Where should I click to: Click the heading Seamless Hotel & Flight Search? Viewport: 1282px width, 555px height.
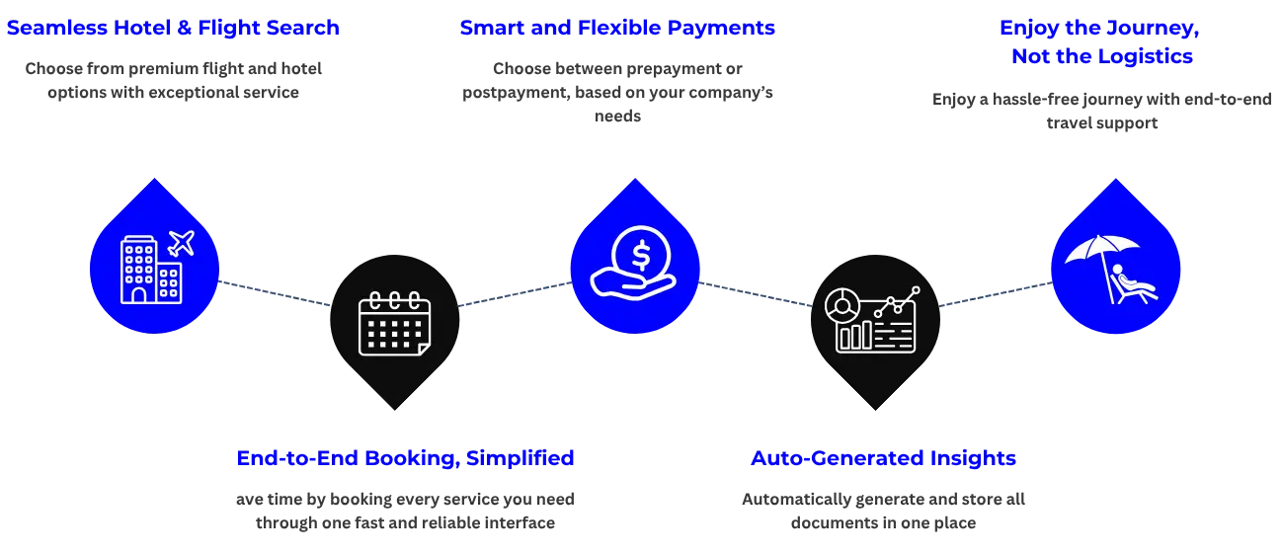point(173,28)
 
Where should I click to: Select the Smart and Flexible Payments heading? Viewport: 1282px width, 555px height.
point(616,28)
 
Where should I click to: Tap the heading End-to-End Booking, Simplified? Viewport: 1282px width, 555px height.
point(405,458)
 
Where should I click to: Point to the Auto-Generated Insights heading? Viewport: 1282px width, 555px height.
point(883,458)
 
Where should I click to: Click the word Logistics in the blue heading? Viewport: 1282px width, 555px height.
point(1145,56)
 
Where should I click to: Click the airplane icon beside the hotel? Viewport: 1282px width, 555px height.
point(181,242)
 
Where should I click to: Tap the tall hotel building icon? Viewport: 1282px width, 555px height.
point(137,270)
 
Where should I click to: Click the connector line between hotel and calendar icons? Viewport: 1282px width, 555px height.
point(274,294)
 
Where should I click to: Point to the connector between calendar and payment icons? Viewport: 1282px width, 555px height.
point(513,293)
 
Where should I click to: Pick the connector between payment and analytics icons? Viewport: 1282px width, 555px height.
point(756,294)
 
